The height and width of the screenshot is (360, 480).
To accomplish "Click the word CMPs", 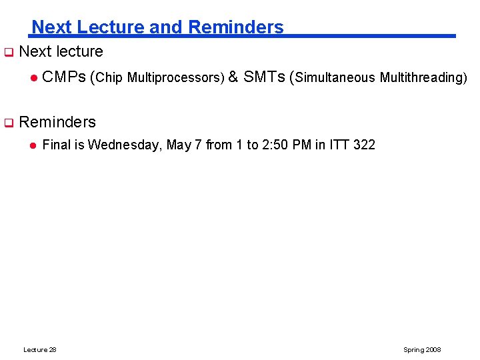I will pyautogui.click(x=64, y=77).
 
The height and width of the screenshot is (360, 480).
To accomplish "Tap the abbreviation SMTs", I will pyautogui.click(x=265, y=77).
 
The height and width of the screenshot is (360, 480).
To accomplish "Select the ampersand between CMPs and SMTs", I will pyautogui.click(x=233, y=77).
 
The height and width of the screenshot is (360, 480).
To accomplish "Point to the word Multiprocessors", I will pyautogui.click(x=175, y=78).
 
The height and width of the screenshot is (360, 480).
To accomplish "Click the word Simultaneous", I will pyautogui.click(x=335, y=78).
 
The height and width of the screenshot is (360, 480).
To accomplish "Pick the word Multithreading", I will pyautogui.click(x=421, y=78).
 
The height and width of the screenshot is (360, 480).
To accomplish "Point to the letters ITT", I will pyautogui.click(x=339, y=145).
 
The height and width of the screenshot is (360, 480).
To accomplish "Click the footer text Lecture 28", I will pyautogui.click(x=40, y=350).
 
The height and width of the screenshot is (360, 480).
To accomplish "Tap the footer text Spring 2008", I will pyautogui.click(x=422, y=350).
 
